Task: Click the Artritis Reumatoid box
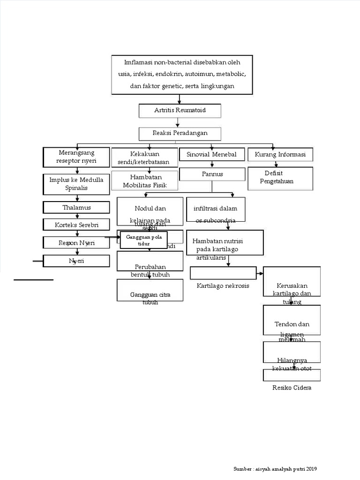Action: point(180,111)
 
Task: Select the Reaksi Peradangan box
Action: point(180,134)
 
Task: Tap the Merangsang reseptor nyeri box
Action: point(76,157)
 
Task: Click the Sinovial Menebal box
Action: point(212,154)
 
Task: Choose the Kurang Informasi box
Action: point(280,154)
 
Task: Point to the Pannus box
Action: point(212,174)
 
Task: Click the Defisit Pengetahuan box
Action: point(280,178)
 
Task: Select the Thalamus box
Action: point(76,207)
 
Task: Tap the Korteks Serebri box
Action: point(76,225)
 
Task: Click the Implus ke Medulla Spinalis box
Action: point(76,184)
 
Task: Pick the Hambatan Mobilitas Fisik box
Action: point(144,180)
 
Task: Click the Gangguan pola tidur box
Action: point(143,240)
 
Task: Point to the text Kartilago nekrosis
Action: point(223,285)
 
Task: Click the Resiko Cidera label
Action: point(292,388)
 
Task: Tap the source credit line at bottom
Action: point(278,469)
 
